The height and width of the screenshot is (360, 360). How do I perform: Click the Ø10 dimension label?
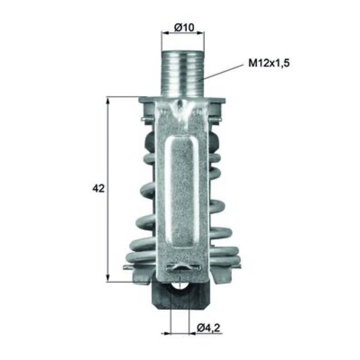184,28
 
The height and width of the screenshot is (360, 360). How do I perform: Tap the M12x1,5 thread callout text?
269,63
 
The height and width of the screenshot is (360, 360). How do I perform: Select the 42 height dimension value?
98,189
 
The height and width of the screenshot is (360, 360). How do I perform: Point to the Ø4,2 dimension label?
208,328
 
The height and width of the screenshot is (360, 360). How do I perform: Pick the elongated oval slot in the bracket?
181,193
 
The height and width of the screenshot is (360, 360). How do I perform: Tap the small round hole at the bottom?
180,288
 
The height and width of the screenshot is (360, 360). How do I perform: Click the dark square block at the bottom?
181,296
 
